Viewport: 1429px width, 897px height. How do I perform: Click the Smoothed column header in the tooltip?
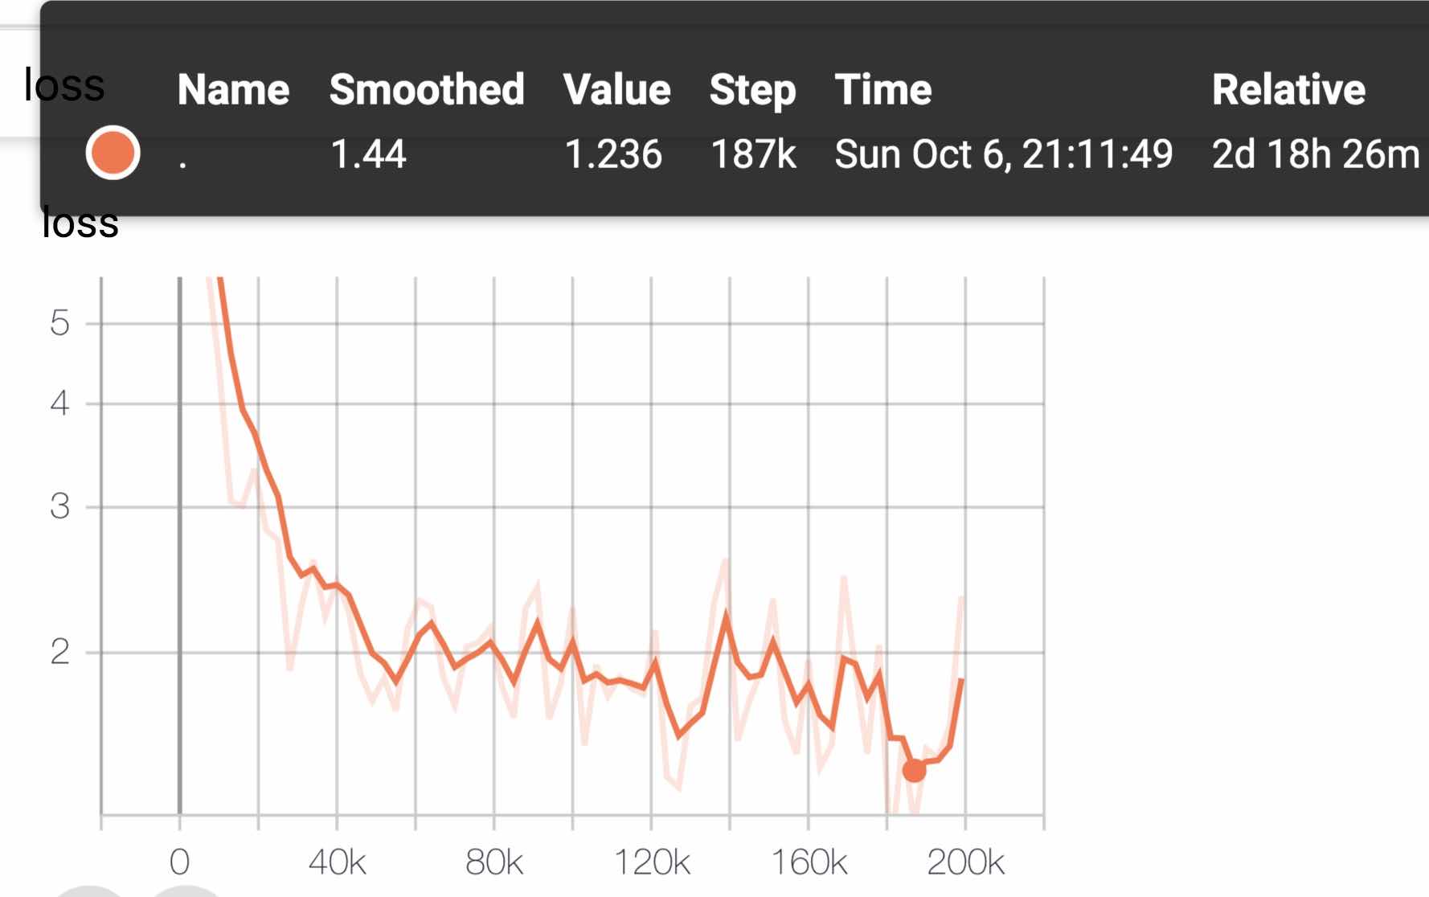point(427,89)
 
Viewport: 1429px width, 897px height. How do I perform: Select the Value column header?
point(616,89)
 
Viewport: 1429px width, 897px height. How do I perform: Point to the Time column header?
point(882,89)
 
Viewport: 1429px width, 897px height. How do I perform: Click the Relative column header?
point(1288,89)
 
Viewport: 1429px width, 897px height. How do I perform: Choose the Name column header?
point(233,89)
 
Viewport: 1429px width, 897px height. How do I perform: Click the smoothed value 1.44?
point(368,154)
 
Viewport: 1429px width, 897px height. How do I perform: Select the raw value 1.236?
point(613,154)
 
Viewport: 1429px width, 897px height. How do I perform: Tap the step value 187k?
point(753,154)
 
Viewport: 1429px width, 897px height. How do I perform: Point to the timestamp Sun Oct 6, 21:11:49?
point(1004,154)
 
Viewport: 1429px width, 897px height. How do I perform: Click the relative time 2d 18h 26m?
point(1316,154)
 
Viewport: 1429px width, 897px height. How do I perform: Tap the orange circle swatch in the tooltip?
point(113,153)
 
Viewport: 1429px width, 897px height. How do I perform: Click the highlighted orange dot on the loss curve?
point(914,770)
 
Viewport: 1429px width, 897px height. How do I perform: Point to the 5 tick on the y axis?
point(59,323)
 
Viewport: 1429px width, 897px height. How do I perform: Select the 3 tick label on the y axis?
point(59,506)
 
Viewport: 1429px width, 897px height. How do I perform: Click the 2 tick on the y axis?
point(59,652)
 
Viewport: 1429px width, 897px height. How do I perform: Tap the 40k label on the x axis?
point(337,862)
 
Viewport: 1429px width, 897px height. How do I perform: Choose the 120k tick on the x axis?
point(652,862)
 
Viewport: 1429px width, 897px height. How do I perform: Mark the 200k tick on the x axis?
point(965,862)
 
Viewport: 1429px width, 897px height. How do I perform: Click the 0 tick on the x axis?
point(179,862)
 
